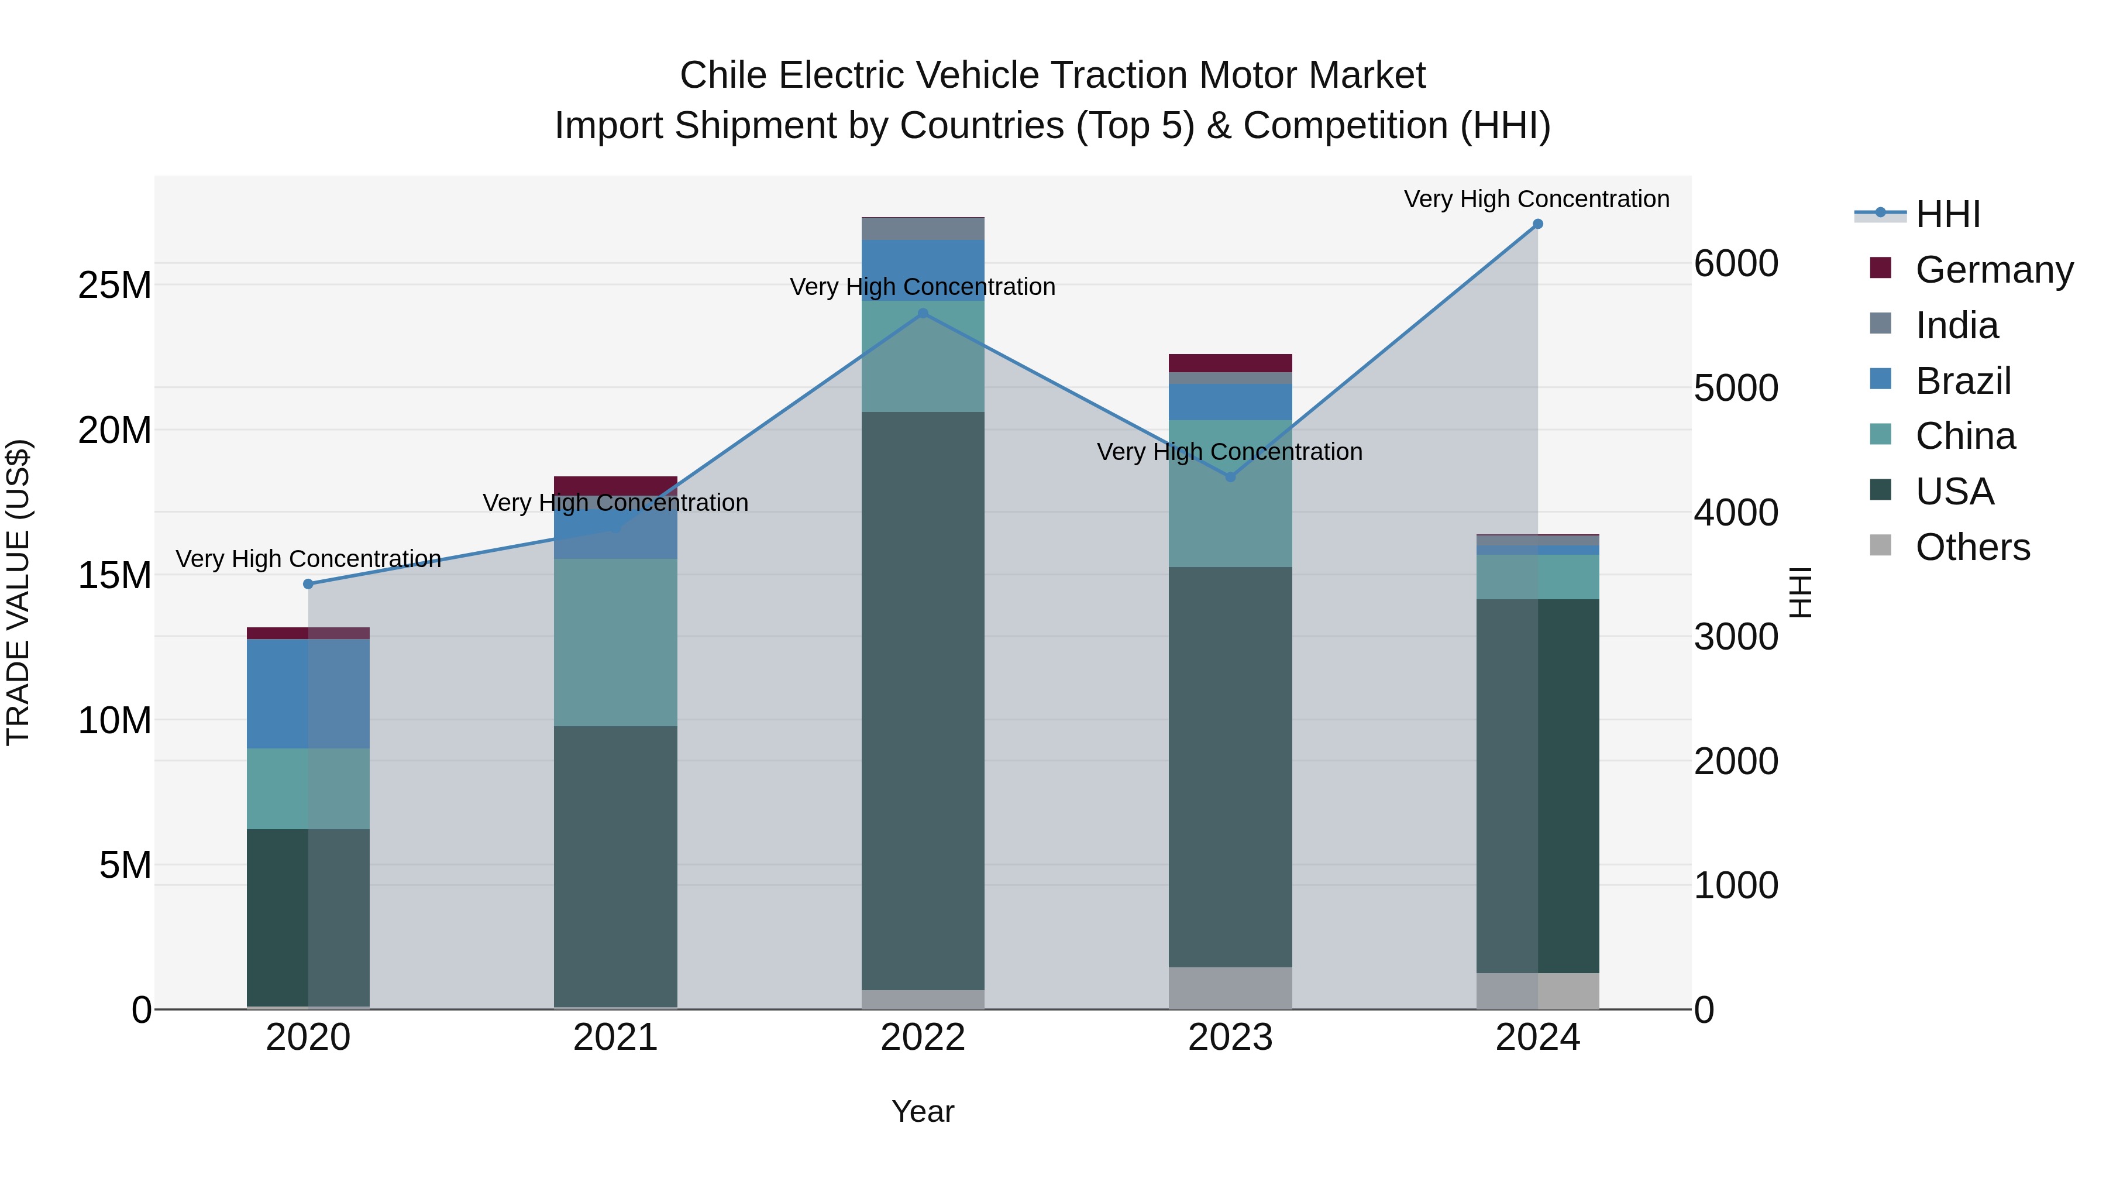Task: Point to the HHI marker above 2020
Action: point(308,584)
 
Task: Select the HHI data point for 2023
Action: point(1230,477)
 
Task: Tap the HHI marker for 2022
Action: point(923,313)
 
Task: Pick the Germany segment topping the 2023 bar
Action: point(1230,363)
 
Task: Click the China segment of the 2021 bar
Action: point(615,642)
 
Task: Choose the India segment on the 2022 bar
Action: point(923,229)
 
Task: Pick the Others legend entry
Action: point(1972,547)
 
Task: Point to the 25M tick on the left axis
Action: point(115,286)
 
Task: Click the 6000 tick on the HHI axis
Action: point(1736,263)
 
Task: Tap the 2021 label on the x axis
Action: point(615,1038)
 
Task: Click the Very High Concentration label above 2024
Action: point(1536,199)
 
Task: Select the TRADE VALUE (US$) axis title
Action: point(19,592)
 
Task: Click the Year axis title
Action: point(923,1111)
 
